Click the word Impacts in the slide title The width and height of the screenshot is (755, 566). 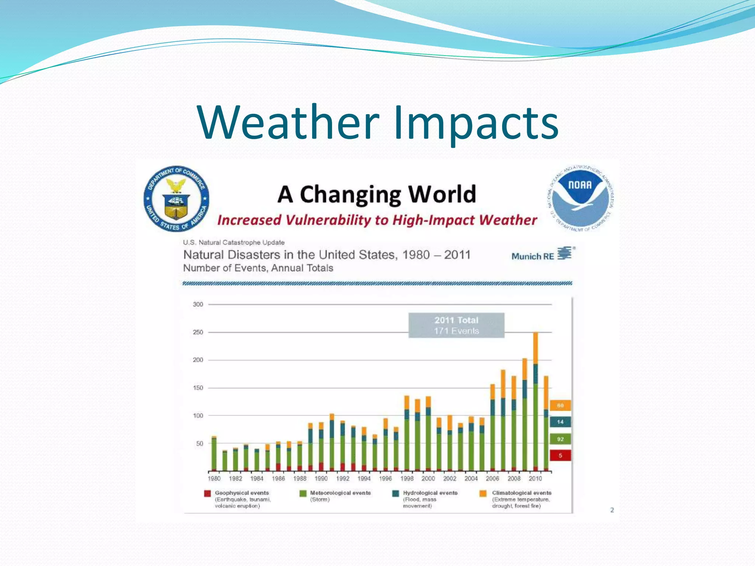[476, 123]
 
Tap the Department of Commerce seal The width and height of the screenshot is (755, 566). [176, 199]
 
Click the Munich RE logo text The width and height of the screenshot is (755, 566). [533, 256]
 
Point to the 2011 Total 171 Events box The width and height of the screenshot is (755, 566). [456, 325]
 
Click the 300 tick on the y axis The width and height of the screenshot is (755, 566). [198, 304]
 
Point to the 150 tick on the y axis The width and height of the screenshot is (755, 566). [198, 388]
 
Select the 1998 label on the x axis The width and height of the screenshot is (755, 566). [407, 478]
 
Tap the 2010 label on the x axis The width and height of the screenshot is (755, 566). [535, 478]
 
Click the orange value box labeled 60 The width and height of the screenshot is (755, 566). [560, 405]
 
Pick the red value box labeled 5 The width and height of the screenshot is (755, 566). [560, 455]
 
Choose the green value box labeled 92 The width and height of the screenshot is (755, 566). [560, 439]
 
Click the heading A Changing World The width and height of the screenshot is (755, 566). [377, 194]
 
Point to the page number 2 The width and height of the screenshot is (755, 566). [612, 510]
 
